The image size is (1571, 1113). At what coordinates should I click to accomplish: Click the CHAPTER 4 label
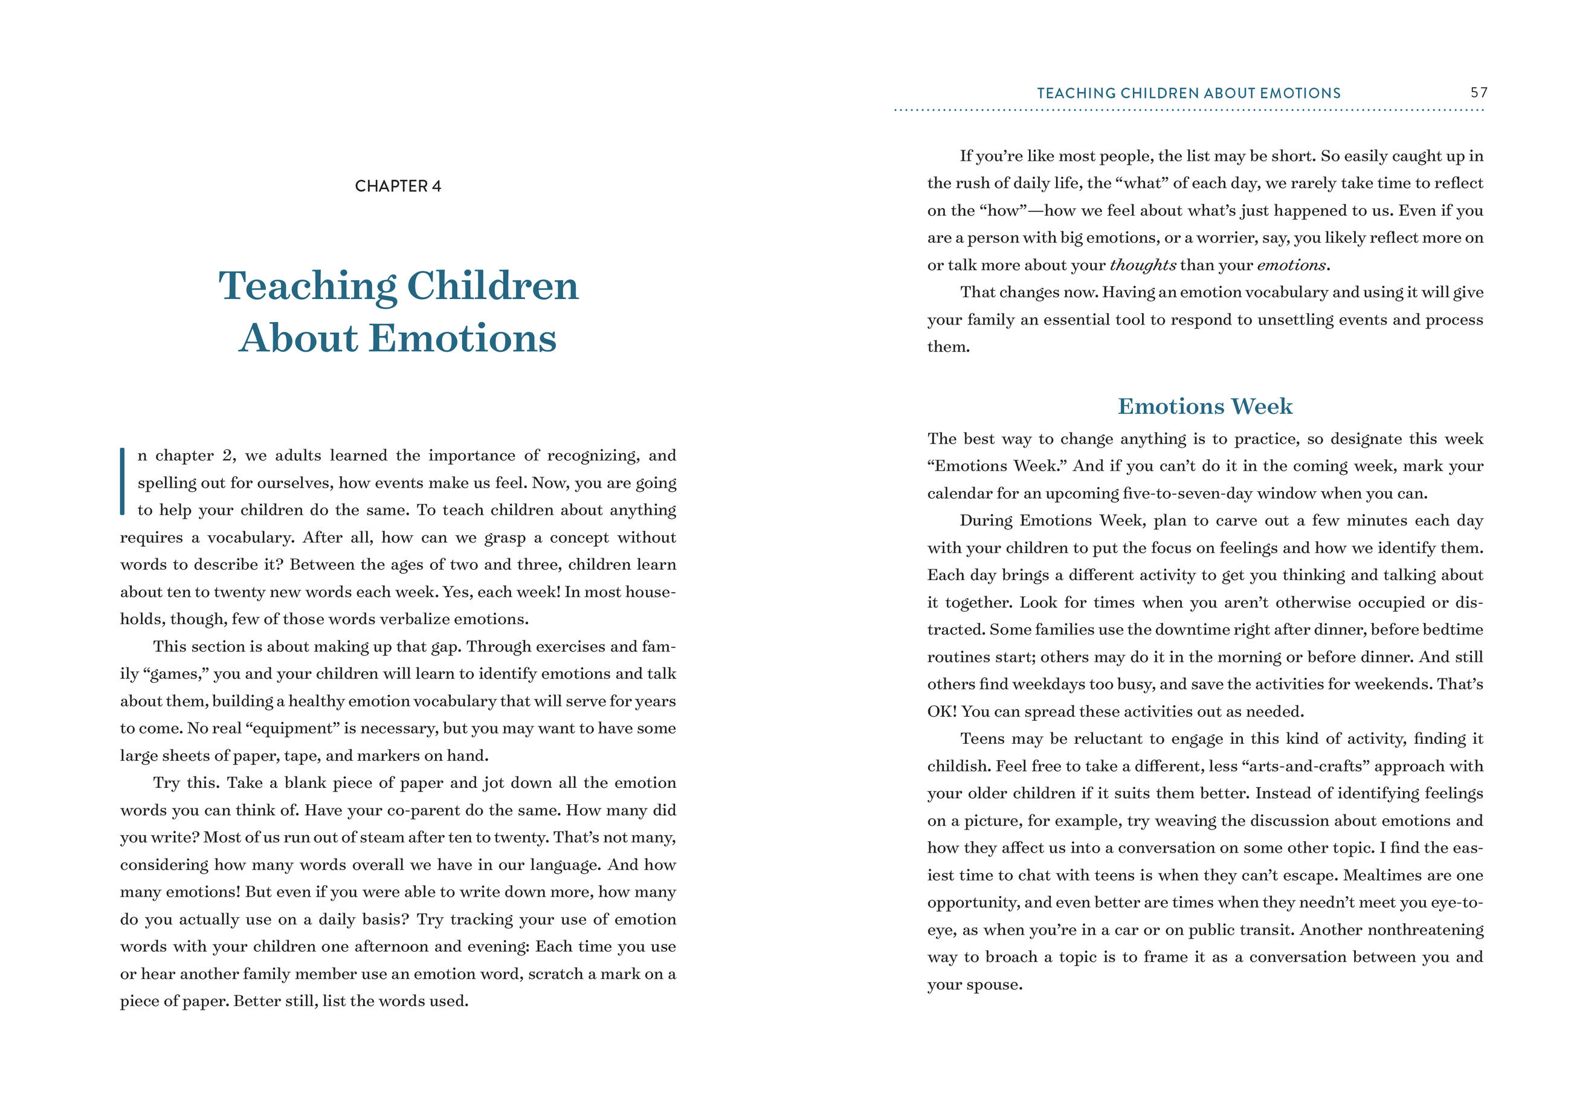click(398, 187)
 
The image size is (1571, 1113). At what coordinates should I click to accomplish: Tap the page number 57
click(1479, 92)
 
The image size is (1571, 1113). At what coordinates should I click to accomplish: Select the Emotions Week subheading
click(1204, 407)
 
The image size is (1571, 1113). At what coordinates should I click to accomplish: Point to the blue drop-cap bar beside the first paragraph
click(123, 481)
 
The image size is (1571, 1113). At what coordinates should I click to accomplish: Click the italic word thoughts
click(1143, 265)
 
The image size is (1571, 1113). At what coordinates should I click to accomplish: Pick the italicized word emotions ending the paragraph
click(1291, 265)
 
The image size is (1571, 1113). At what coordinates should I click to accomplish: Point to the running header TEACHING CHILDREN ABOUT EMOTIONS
click(1188, 93)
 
